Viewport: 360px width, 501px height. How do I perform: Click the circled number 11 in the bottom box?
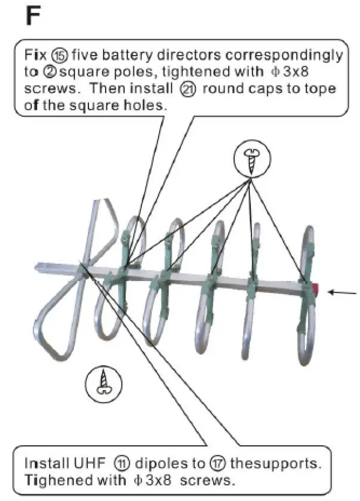[122, 463]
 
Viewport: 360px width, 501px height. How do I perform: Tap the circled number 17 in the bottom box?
[216, 463]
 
